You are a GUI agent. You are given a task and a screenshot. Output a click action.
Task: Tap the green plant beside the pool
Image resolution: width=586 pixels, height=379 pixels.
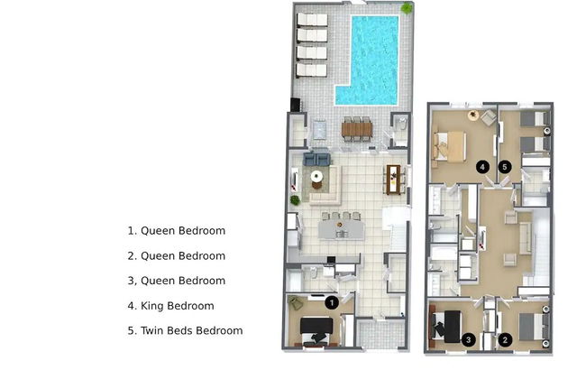407,8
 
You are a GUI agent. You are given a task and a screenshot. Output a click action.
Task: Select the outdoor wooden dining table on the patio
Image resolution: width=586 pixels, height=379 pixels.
356,128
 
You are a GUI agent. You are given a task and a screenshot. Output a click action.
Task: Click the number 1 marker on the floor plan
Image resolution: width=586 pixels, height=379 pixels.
331,303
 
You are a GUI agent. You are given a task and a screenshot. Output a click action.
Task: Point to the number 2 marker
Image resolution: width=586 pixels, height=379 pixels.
506,339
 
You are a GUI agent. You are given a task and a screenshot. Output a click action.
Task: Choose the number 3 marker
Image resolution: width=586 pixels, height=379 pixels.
468,339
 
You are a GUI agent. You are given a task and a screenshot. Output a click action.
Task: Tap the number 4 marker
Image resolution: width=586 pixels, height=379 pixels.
483,166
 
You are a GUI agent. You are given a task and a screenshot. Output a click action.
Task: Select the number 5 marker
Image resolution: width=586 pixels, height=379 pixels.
505,166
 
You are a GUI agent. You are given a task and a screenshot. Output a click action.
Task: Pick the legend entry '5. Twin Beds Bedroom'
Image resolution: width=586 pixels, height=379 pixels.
185,330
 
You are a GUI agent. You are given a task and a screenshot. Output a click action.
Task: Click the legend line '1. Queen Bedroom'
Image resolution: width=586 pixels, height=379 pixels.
176,231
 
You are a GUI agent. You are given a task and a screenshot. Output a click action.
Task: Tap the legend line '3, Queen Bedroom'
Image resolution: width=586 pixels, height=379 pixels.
176,281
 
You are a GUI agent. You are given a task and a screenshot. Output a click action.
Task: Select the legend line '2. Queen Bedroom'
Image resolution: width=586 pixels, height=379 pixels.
176,256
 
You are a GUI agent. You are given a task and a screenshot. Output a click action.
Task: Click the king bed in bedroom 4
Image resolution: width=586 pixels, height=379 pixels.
450,146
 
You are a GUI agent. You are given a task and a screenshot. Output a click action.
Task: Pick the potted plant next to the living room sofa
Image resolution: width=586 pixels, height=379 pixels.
295,199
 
